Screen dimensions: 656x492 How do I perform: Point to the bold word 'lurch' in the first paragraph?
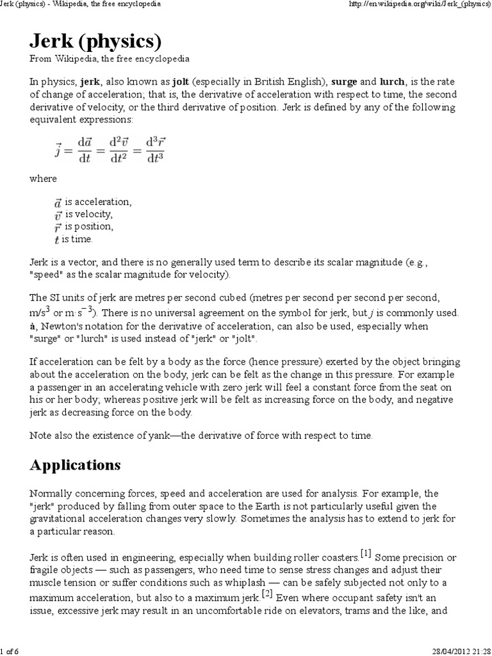pyautogui.click(x=392, y=82)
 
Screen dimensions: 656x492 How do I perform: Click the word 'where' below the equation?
pyautogui.click(x=43, y=178)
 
